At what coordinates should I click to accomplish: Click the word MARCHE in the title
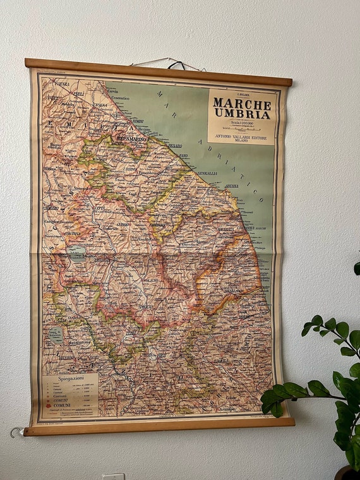point(242,102)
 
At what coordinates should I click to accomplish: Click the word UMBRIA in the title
point(242,114)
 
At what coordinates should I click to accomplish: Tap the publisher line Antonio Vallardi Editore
point(242,134)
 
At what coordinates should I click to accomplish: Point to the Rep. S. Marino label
point(131,138)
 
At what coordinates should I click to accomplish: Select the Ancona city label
point(232,186)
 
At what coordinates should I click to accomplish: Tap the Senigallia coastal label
point(207,172)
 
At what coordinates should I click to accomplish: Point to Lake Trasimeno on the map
point(77,253)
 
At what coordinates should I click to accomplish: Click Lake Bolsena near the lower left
point(56,335)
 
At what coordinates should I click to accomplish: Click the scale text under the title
point(242,122)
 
